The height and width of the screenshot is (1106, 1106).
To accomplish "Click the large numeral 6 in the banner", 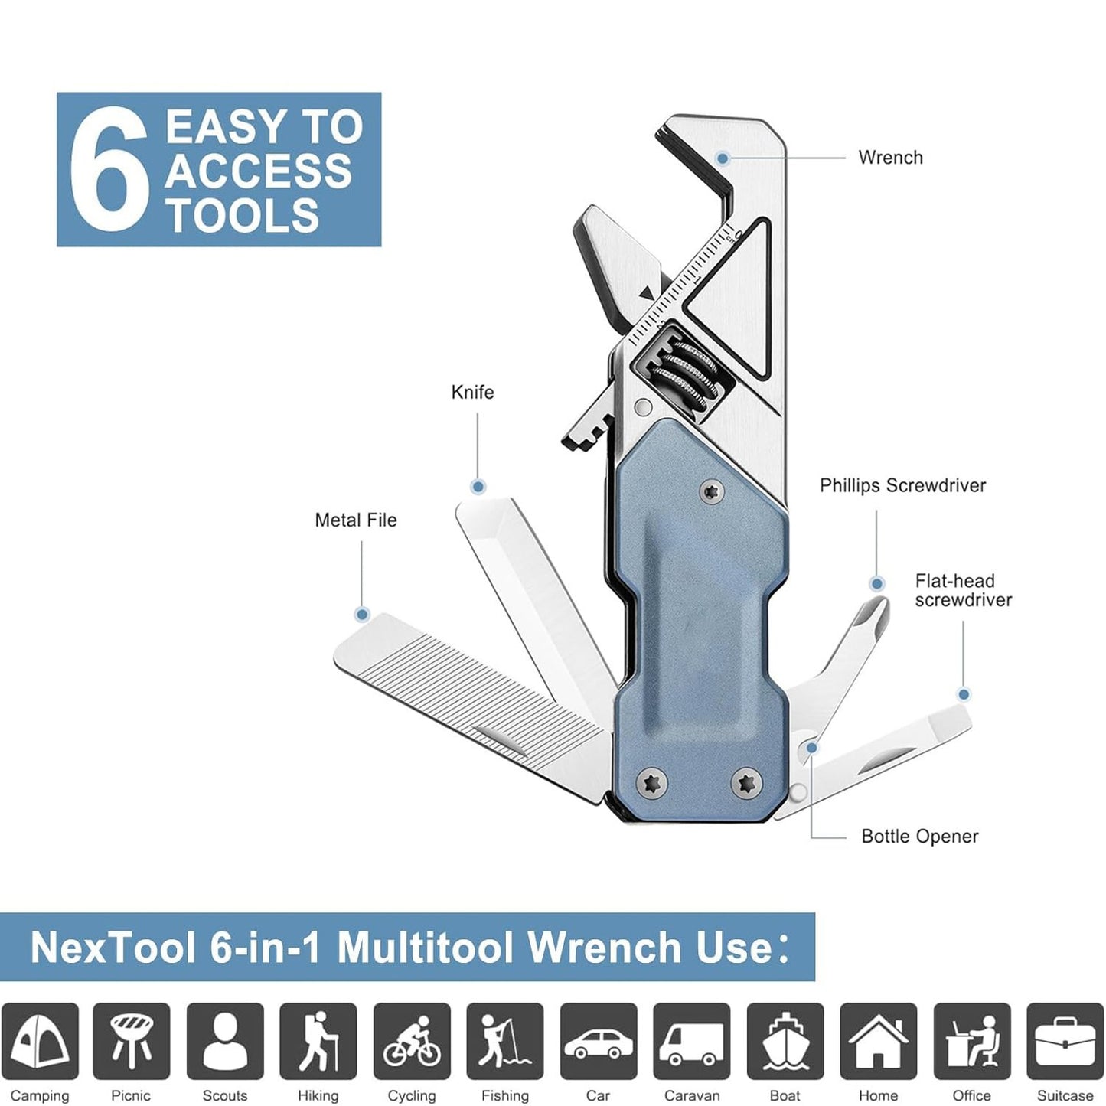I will coord(108,170).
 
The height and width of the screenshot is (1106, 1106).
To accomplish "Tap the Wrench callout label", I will coord(890,158).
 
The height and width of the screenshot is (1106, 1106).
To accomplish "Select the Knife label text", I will coord(472,393).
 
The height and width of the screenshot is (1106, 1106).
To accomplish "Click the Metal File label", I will coord(356,520).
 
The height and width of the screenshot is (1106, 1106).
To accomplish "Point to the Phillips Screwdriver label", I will coord(902,486).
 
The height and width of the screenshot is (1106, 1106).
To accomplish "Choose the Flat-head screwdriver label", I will coord(963,591).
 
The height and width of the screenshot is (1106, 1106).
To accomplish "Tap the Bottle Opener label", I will coord(919,837).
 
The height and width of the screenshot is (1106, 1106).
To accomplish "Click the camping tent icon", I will coord(40,1041).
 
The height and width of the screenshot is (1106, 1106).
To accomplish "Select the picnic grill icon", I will coord(132,1041).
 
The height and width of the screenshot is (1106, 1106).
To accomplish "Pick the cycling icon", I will coord(412,1041).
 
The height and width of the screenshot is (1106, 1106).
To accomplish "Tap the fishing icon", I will coord(505,1041).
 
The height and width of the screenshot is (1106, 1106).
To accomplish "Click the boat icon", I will coord(785,1041).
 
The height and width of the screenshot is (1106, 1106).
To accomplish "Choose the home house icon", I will coord(878,1041).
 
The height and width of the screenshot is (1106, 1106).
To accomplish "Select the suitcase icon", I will coord(1065,1041).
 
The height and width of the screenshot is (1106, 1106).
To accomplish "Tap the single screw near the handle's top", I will coord(713,491).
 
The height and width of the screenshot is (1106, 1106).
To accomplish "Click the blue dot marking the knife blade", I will coord(478,487).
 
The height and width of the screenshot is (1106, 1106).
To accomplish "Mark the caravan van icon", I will coord(692,1041).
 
